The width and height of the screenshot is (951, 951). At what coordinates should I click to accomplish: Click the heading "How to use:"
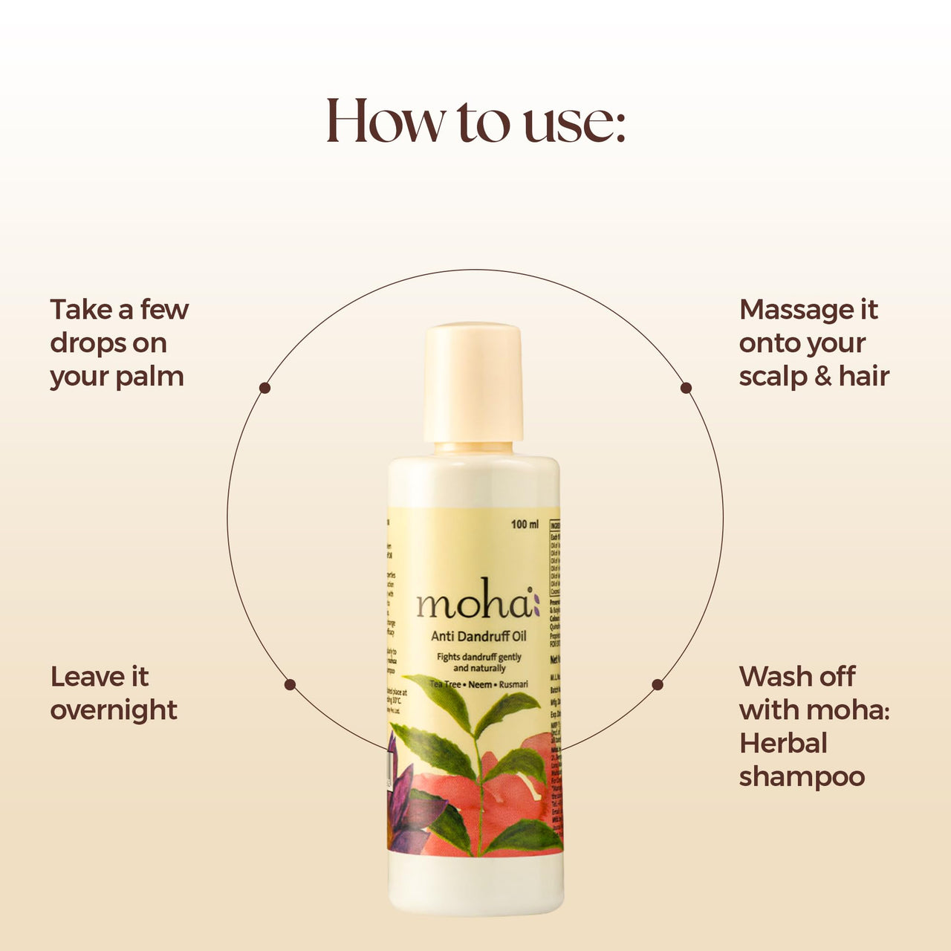[475, 120]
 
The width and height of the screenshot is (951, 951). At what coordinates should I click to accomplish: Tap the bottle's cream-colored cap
[473, 382]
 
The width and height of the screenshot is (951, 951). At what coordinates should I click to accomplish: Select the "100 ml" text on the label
[525, 525]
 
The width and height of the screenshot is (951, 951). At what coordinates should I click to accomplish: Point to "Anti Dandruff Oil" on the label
[478, 636]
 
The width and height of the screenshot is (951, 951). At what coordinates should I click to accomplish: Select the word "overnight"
[114, 711]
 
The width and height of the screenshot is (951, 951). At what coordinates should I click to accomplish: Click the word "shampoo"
[802, 777]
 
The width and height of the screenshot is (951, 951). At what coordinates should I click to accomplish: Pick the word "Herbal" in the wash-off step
[783, 744]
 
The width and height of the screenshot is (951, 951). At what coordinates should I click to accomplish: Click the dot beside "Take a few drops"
[264, 388]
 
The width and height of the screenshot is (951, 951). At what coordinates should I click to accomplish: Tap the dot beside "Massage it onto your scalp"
[686, 388]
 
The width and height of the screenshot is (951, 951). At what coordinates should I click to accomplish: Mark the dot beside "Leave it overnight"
[290, 684]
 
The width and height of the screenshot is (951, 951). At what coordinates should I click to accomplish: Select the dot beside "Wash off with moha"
[658, 684]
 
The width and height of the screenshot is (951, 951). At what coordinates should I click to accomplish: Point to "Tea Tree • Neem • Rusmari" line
[478, 684]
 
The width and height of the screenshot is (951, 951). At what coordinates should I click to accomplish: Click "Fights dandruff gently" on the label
[478, 657]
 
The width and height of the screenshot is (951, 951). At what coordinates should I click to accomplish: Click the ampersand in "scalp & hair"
[822, 377]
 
